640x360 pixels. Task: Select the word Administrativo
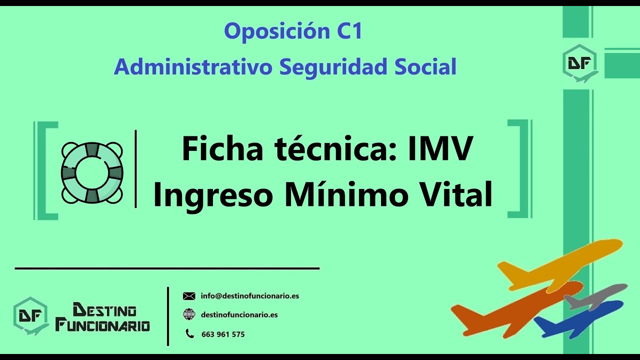tap(193, 67)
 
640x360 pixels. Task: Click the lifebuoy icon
tap(92, 172)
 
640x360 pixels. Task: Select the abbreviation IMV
tap(439, 148)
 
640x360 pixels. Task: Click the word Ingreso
tap(214, 194)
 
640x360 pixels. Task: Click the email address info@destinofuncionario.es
tap(249, 296)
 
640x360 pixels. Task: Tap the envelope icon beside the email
tap(189, 296)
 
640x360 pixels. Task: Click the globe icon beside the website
tap(189, 314)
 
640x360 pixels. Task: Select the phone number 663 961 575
tap(223, 334)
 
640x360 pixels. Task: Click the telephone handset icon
tap(189, 333)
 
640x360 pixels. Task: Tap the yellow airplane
tap(560, 265)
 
